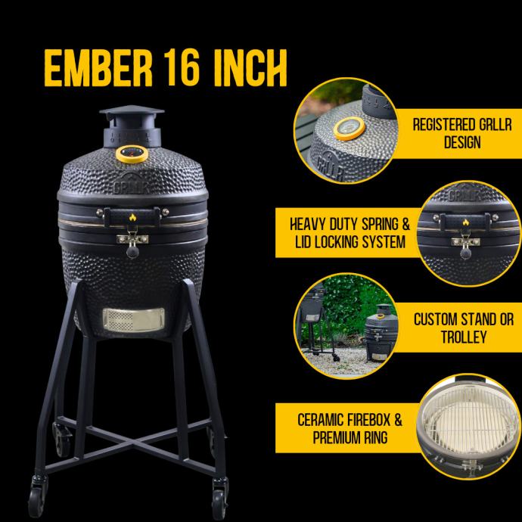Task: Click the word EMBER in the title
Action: click(98, 69)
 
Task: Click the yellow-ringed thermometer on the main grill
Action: click(132, 154)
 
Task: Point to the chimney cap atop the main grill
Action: click(132, 113)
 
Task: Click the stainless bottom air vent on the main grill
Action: click(133, 319)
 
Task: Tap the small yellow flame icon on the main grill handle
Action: click(133, 218)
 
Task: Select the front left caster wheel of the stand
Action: click(36, 496)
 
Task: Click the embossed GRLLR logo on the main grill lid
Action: click(131, 185)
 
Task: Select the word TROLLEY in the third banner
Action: click(464, 337)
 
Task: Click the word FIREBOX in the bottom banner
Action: click(368, 420)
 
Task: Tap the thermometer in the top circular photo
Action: click(350, 129)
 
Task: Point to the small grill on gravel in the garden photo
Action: click(381, 333)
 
